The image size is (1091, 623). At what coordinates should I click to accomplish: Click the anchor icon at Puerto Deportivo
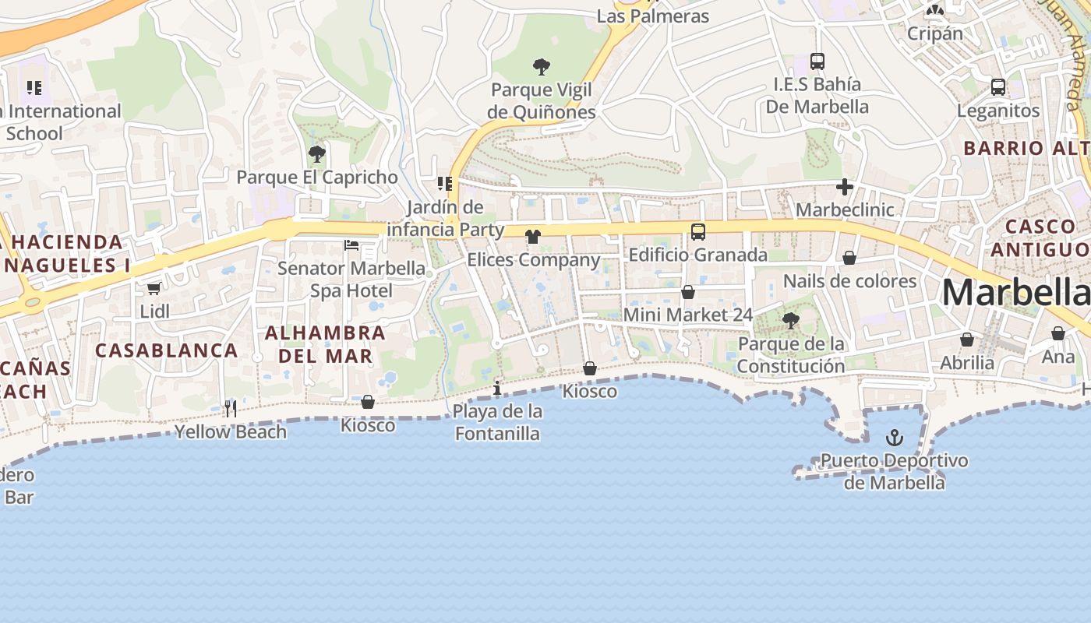[895, 438]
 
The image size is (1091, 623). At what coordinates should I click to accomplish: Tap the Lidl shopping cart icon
[154, 288]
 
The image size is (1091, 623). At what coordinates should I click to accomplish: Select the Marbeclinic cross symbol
[844, 187]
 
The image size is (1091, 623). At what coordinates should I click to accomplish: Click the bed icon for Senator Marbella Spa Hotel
[351, 245]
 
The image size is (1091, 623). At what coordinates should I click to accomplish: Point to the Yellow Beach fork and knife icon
[230, 408]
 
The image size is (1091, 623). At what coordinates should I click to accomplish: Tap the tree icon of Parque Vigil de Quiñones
[541, 67]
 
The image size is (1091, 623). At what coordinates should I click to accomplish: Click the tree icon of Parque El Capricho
[316, 154]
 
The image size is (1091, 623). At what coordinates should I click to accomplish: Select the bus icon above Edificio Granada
[697, 231]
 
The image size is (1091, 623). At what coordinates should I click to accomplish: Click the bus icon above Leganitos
[997, 87]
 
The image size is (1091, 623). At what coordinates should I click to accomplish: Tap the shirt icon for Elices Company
[533, 237]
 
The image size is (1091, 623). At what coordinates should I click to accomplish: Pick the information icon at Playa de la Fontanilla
[497, 388]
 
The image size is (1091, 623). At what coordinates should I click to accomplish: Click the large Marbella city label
[1015, 293]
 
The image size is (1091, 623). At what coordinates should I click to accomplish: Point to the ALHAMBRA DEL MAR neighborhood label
[325, 344]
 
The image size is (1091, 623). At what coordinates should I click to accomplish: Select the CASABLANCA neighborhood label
[167, 350]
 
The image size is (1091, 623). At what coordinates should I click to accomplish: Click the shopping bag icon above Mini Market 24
[688, 292]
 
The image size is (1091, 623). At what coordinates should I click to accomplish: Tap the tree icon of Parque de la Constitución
[790, 320]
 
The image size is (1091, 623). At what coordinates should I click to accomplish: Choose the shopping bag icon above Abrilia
[967, 340]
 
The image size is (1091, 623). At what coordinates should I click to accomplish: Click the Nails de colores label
[849, 281]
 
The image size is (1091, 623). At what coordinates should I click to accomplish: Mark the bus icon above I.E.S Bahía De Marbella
[817, 61]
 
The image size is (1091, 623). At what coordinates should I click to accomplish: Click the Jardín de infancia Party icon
[445, 184]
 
